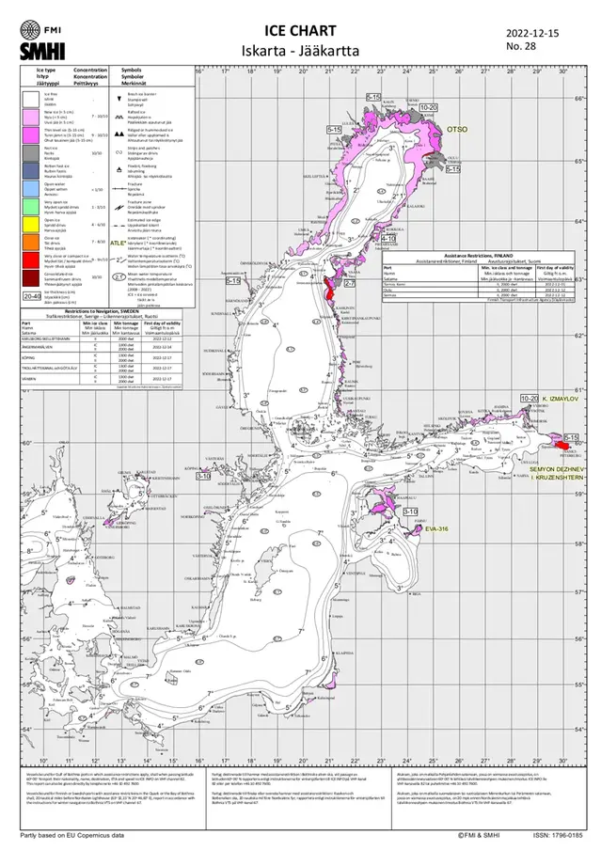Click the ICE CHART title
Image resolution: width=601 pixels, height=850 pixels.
[x=301, y=31]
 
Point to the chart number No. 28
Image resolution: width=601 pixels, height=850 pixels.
[x=520, y=45]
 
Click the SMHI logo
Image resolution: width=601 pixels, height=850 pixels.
[x=42, y=49]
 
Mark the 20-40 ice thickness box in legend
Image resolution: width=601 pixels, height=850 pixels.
[x=32, y=294]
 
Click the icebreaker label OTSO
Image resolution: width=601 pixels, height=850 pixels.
[x=457, y=128]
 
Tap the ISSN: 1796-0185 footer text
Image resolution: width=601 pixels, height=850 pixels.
[x=558, y=835]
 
